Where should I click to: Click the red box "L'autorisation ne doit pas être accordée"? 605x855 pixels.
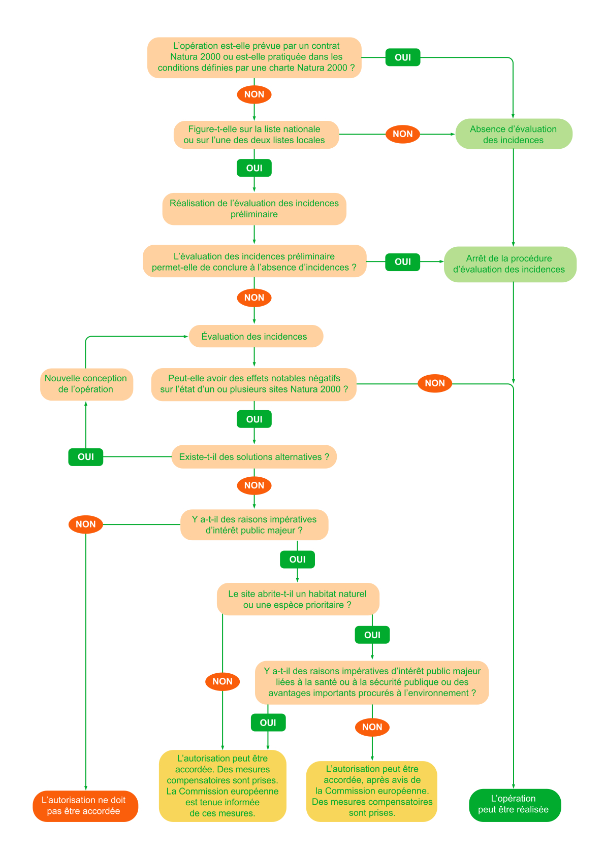[85, 806]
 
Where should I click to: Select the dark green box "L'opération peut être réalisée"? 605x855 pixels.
[515, 805]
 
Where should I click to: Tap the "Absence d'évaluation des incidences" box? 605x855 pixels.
[514, 135]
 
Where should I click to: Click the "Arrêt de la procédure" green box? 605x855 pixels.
[510, 264]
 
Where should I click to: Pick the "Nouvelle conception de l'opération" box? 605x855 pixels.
[86, 384]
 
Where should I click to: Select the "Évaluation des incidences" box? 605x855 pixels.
[256, 337]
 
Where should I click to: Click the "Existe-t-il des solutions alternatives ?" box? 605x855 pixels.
[254, 457]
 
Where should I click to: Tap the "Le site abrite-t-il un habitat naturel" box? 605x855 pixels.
[298, 599]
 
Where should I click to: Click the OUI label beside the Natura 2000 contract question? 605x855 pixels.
[403, 57]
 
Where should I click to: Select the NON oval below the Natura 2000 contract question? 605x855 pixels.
[254, 94]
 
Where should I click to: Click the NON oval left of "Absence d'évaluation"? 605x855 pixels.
[403, 134]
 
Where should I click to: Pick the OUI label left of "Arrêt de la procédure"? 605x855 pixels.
[403, 262]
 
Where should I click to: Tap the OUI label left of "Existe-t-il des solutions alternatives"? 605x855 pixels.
[86, 457]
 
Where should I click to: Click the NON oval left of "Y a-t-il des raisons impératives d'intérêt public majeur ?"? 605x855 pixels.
[86, 524]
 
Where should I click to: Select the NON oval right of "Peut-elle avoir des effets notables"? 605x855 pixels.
[435, 383]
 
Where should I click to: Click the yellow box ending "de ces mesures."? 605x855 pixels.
[222, 785]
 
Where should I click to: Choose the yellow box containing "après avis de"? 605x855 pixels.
[372, 791]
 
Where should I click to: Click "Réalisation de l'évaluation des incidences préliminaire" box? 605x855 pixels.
[254, 209]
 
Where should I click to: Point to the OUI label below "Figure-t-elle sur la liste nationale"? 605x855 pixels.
[254, 168]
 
